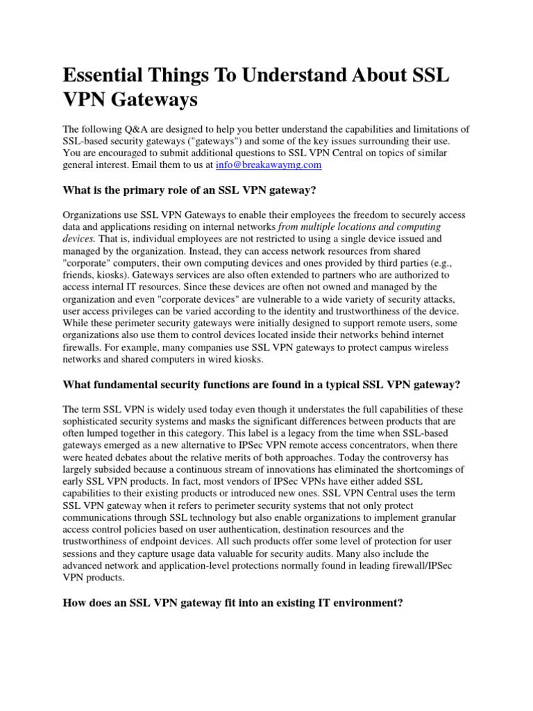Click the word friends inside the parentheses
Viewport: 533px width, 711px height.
(81, 274)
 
